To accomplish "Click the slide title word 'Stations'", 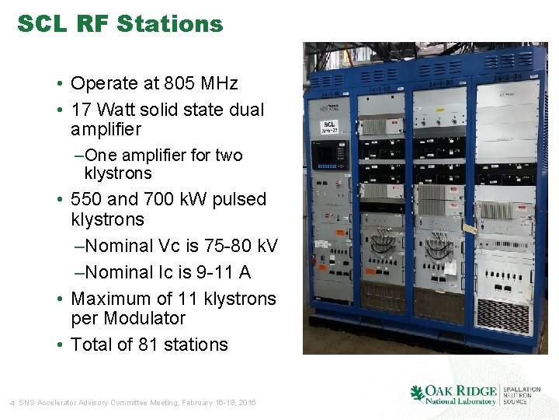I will (x=170, y=24).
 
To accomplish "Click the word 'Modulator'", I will (x=147, y=318).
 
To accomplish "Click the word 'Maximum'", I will (x=109, y=299).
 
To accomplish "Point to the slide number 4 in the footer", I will (x=12, y=402).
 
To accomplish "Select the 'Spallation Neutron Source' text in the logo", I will (x=520, y=395).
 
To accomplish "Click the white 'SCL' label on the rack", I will (x=329, y=125).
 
